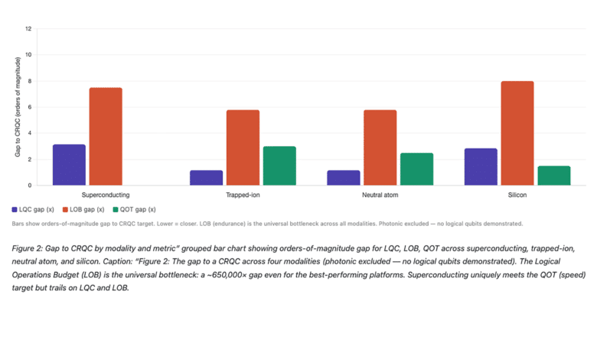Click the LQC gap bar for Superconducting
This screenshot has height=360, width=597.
tap(69, 165)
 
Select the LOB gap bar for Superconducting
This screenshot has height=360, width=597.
tap(106, 136)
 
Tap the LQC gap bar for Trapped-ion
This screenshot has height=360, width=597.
tap(206, 178)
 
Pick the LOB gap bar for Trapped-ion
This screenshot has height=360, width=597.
tap(243, 148)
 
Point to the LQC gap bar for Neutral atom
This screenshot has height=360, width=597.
tap(343, 178)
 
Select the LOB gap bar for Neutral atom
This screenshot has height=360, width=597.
tap(380, 148)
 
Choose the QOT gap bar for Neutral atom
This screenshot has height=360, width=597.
tap(416, 169)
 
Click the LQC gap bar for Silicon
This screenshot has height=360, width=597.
tap(481, 167)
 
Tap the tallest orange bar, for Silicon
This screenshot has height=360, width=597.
tap(517, 133)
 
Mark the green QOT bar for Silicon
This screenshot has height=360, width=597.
tap(554, 175)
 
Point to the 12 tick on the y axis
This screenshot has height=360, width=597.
tap(28, 29)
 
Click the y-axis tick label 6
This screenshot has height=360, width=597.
tap(29, 107)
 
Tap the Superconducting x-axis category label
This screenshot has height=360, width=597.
tap(105, 195)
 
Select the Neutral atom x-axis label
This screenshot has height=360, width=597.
tap(380, 195)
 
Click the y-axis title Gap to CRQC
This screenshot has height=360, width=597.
tap(17, 107)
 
